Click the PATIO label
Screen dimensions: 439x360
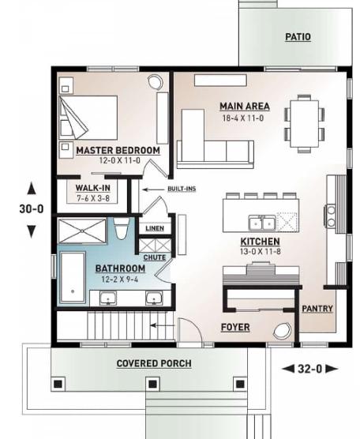(x=298, y=37)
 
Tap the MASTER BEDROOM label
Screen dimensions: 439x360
(x=118, y=150)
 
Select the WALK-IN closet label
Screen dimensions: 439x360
(x=92, y=187)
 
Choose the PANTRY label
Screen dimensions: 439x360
(x=317, y=309)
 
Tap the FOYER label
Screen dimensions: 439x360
(x=236, y=325)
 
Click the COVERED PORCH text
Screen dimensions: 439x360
(x=153, y=363)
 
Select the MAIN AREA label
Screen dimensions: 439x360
(x=245, y=106)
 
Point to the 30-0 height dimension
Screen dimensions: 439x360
(x=32, y=209)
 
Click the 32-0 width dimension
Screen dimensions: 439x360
(x=309, y=368)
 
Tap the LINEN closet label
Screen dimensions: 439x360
(x=153, y=228)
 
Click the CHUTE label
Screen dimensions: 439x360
(x=154, y=257)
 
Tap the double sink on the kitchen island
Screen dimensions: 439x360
(x=261, y=220)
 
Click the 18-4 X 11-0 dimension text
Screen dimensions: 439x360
(x=245, y=118)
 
